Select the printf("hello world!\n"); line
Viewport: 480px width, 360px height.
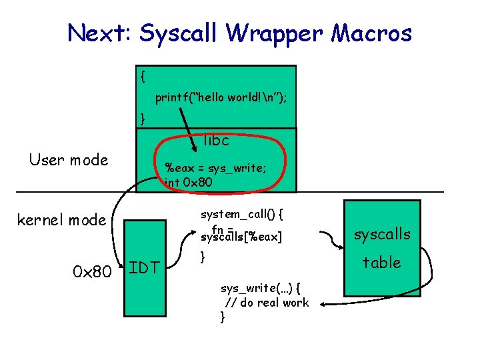click(x=221, y=98)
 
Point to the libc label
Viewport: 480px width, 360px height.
click(x=216, y=141)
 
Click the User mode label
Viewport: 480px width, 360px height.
click(x=69, y=159)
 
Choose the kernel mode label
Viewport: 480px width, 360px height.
click(x=61, y=219)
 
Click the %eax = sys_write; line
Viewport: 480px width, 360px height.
click(x=216, y=168)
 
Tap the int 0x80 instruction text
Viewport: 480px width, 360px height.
click(x=189, y=181)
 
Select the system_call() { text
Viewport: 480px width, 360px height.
click(x=243, y=215)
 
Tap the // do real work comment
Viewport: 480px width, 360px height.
click(x=267, y=303)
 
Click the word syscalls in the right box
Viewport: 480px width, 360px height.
click(x=382, y=234)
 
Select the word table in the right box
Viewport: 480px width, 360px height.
click(x=381, y=263)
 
